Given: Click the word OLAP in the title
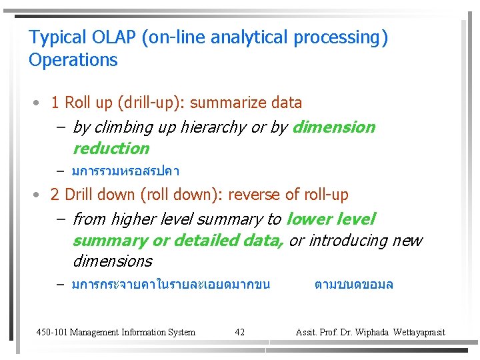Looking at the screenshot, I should coord(114,37).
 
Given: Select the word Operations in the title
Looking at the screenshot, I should coord(73,60).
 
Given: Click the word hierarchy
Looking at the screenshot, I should coord(214,127).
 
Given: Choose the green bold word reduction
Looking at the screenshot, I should coord(111,148).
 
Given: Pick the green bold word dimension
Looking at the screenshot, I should coord(333,127).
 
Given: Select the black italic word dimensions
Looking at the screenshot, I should coord(112,261).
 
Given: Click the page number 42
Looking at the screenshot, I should coord(240,332).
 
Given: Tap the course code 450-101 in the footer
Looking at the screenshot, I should coord(51,332).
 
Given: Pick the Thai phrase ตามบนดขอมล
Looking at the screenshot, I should coord(353,285).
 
